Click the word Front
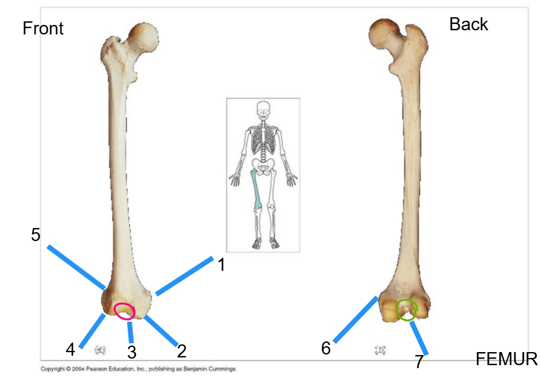43,28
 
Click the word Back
469,24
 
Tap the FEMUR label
507,359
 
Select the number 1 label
222,265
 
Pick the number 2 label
182,351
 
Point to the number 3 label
132,352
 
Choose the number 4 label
70,349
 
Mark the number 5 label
36,235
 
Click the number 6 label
325,349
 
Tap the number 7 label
419,362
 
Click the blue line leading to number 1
184,275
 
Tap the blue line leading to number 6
356,320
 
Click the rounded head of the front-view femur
144,37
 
